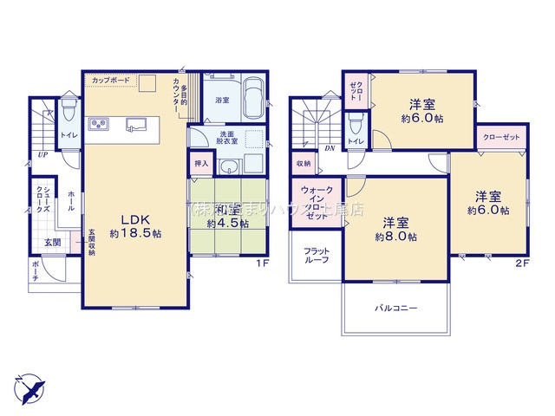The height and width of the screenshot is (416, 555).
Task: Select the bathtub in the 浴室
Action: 252,97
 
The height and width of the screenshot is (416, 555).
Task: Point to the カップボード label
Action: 111,81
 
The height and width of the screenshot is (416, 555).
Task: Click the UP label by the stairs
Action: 42,155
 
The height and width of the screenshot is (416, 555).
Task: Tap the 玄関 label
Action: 53,242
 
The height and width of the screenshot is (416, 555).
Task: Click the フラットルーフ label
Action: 316,256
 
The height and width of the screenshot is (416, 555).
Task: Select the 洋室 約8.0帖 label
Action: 395,228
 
